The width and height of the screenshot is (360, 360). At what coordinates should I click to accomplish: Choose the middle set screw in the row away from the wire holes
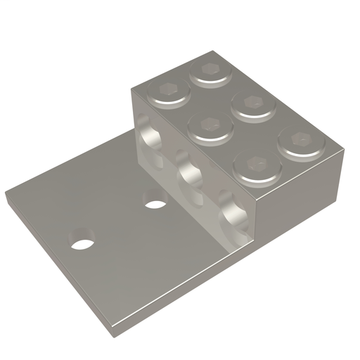(x=251, y=104)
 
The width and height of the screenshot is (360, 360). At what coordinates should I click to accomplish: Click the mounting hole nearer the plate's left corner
(x=83, y=245)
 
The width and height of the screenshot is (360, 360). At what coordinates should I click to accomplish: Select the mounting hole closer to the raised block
(x=155, y=205)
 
